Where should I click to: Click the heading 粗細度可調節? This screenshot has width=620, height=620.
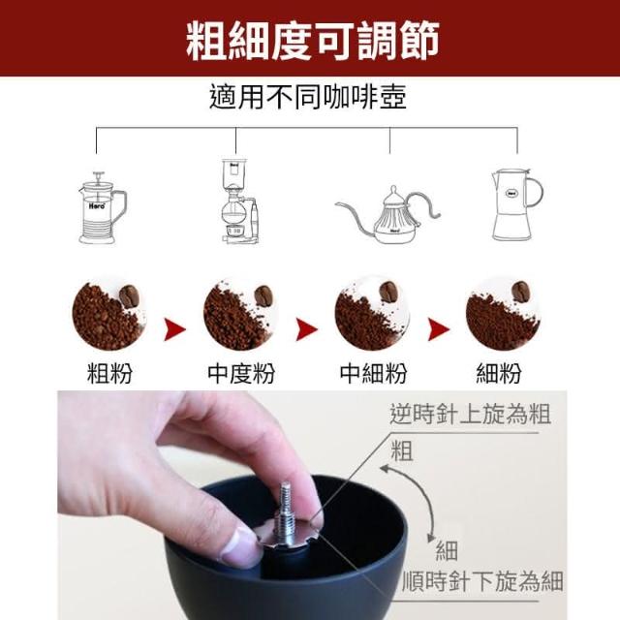pyautogui.click(x=312, y=41)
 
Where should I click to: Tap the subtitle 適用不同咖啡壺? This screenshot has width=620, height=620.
pyautogui.click(x=308, y=97)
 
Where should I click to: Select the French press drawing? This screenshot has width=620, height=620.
pyautogui.click(x=102, y=208)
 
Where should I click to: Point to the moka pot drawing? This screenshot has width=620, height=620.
pyautogui.click(x=517, y=204)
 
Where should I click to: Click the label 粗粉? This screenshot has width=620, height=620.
pyautogui.click(x=109, y=373)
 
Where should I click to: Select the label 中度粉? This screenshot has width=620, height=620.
pyautogui.click(x=241, y=373)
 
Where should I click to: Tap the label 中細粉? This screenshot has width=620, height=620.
pyautogui.click(x=373, y=373)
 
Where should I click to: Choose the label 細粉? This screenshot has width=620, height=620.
pyautogui.click(x=499, y=373)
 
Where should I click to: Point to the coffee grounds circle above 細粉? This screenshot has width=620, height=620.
pyautogui.click(x=503, y=315)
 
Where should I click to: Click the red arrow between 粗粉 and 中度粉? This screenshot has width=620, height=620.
pyautogui.click(x=174, y=329)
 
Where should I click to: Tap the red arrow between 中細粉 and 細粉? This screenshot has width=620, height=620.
pyautogui.click(x=439, y=329)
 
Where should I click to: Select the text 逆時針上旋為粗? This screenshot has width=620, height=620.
pyautogui.click(x=470, y=414)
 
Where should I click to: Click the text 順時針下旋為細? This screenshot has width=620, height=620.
pyautogui.click(x=482, y=581)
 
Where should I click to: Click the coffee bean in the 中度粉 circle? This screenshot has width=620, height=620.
pyautogui.click(x=263, y=295)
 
